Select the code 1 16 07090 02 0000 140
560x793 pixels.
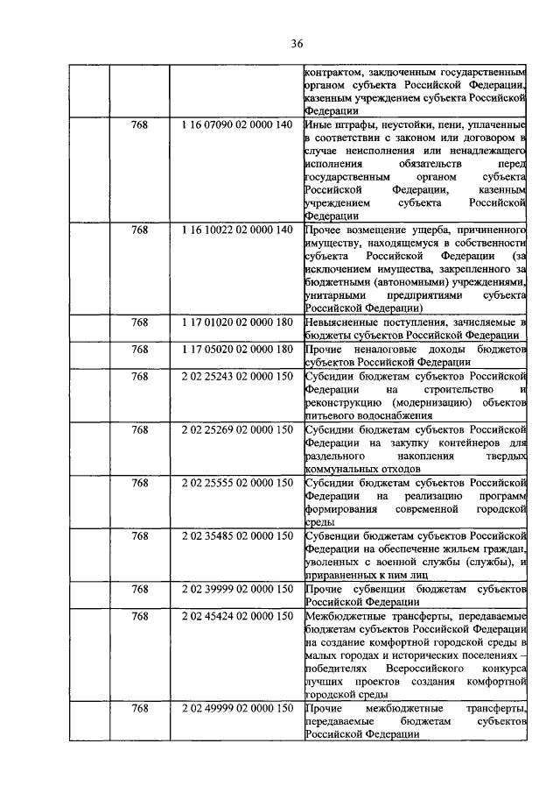pyautogui.click(x=236, y=125)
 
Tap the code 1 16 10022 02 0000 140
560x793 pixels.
pyautogui.click(x=236, y=230)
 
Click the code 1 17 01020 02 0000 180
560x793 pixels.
pyautogui.click(x=236, y=322)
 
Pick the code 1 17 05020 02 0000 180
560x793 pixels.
pyautogui.click(x=236, y=350)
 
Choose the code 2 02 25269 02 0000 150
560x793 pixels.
pyautogui.click(x=236, y=430)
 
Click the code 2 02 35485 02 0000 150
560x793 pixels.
pyautogui.click(x=236, y=535)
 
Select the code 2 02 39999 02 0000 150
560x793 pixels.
pyautogui.click(x=236, y=589)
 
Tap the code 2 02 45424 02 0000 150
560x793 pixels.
pyautogui.click(x=236, y=616)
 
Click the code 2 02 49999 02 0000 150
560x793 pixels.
pyautogui.click(x=236, y=708)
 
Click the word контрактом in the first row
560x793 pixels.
pyautogui.click(x=333, y=72)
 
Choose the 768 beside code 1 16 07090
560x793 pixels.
pyautogui.click(x=139, y=125)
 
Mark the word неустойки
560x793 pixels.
pyautogui.click(x=408, y=125)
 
